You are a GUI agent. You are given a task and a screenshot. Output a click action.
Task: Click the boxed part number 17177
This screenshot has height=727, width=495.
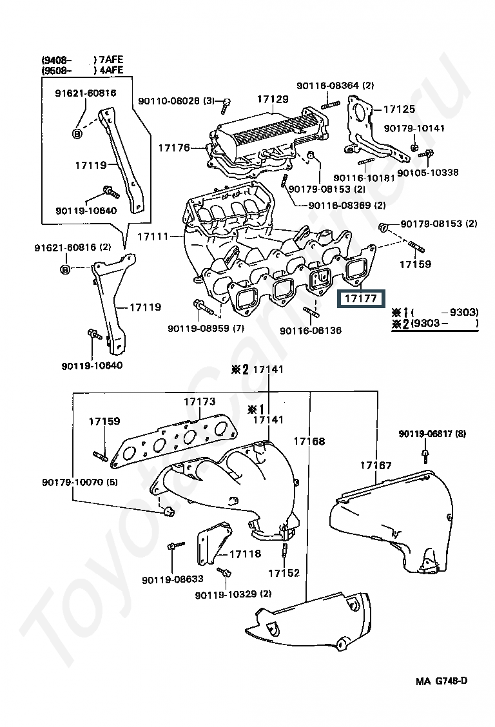click(x=360, y=298)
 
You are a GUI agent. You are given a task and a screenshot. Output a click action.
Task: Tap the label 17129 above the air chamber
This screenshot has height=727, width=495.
click(x=273, y=99)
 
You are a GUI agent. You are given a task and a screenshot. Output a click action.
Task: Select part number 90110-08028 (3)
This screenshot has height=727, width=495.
click(x=177, y=101)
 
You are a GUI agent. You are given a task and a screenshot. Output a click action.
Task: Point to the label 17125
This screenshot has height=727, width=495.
click(x=400, y=109)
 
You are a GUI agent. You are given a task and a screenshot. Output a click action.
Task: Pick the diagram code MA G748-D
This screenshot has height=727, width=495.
click(x=442, y=681)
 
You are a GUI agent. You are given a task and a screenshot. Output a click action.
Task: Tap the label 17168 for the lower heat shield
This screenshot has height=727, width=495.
click(x=309, y=441)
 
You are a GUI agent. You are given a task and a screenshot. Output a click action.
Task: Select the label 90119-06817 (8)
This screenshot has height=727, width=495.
click(x=432, y=434)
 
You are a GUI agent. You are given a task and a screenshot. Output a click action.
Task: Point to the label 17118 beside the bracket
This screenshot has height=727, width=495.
click(x=245, y=554)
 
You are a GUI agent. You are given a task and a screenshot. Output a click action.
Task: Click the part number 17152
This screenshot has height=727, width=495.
click(x=284, y=573)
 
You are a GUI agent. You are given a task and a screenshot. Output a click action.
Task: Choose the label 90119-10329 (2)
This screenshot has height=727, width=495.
click(x=233, y=594)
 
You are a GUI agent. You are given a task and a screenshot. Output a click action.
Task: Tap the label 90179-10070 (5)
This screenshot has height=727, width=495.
click(x=80, y=482)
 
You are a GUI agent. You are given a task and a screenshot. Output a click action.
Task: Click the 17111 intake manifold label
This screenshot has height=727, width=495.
click(x=153, y=237)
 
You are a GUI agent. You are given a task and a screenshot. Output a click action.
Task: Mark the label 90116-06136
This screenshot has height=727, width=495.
click(x=311, y=330)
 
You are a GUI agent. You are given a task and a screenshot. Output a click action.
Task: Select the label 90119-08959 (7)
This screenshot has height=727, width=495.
click(x=206, y=328)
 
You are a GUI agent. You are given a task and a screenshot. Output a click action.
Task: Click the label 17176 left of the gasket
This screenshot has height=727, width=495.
click(x=174, y=148)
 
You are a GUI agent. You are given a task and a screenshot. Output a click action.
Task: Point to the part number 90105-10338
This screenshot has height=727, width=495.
click(x=428, y=173)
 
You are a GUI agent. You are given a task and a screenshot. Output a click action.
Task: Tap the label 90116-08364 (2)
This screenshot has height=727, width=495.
click(x=335, y=85)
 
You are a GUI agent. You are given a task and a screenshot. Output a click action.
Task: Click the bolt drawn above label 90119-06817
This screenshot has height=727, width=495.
click(x=424, y=455)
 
